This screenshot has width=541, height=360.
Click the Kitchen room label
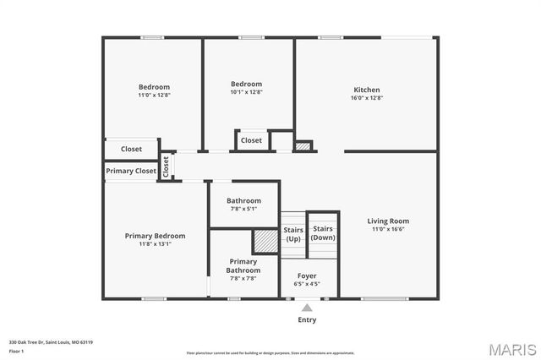[x=366, y=90]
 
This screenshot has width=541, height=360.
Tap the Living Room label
[x=388, y=221]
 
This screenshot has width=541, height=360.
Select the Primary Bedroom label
[x=155, y=236]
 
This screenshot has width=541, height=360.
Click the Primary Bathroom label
[x=243, y=266]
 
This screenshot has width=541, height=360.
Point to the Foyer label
[x=306, y=275]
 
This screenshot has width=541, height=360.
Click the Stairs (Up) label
[x=292, y=234]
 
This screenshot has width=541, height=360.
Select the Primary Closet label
[x=131, y=171]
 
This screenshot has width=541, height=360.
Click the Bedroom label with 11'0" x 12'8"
[x=155, y=87]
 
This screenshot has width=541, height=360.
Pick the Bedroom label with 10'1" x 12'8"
[x=247, y=85]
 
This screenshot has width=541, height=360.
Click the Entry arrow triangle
[x=307, y=308]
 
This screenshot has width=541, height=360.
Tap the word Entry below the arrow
[x=307, y=320]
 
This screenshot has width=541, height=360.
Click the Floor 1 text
[x=17, y=350]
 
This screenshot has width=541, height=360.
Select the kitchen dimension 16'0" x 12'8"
[x=366, y=98]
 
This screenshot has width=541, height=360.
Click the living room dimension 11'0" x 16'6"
[x=388, y=229]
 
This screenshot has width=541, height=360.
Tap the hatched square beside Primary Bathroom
[x=265, y=241]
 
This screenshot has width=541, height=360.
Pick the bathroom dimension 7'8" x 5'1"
[x=243, y=209]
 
